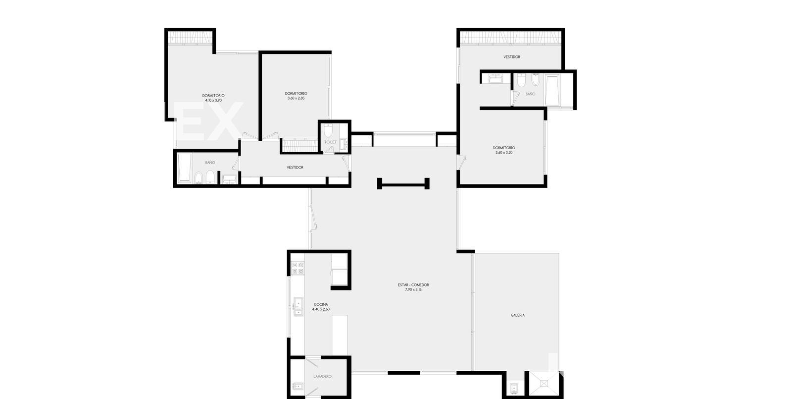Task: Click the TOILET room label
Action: (330, 142)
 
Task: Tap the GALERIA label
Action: (518, 315)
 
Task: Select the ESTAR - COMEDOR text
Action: (413, 285)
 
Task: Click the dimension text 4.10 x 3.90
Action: (213, 100)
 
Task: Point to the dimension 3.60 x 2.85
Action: (296, 98)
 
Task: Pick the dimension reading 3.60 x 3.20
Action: (504, 153)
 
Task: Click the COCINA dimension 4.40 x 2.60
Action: (321, 309)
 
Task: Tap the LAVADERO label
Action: (322, 376)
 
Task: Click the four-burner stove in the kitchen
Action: (297, 268)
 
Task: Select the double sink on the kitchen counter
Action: (298, 307)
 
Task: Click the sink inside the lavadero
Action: (297, 386)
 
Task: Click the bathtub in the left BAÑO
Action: (184, 168)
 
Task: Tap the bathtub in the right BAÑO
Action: (552, 90)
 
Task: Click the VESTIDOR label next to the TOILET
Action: (295, 168)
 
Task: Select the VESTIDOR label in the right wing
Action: (512, 57)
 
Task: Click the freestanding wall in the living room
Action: (403, 184)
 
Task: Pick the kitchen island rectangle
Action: (340, 335)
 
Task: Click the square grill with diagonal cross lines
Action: (544, 383)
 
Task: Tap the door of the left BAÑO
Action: (236, 164)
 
